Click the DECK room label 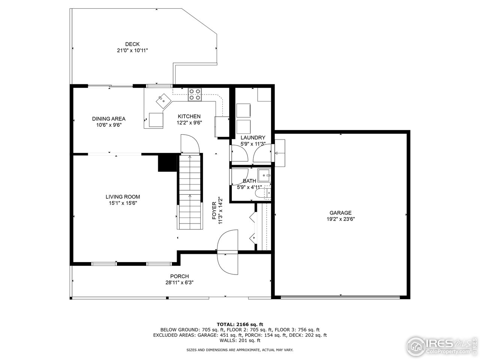click(x=132, y=44)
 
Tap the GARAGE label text click(x=340, y=213)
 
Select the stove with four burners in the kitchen click(x=195, y=94)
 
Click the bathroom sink click(x=265, y=175)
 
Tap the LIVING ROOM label click(x=123, y=196)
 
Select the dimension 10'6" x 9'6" click(x=109, y=125)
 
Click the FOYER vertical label click(x=214, y=211)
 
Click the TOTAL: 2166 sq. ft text click(x=240, y=324)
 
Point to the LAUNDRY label click(x=253, y=138)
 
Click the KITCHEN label click(x=189, y=116)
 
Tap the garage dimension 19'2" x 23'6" click(x=340, y=219)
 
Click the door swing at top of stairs click(x=189, y=144)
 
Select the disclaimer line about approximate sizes click(x=240, y=350)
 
